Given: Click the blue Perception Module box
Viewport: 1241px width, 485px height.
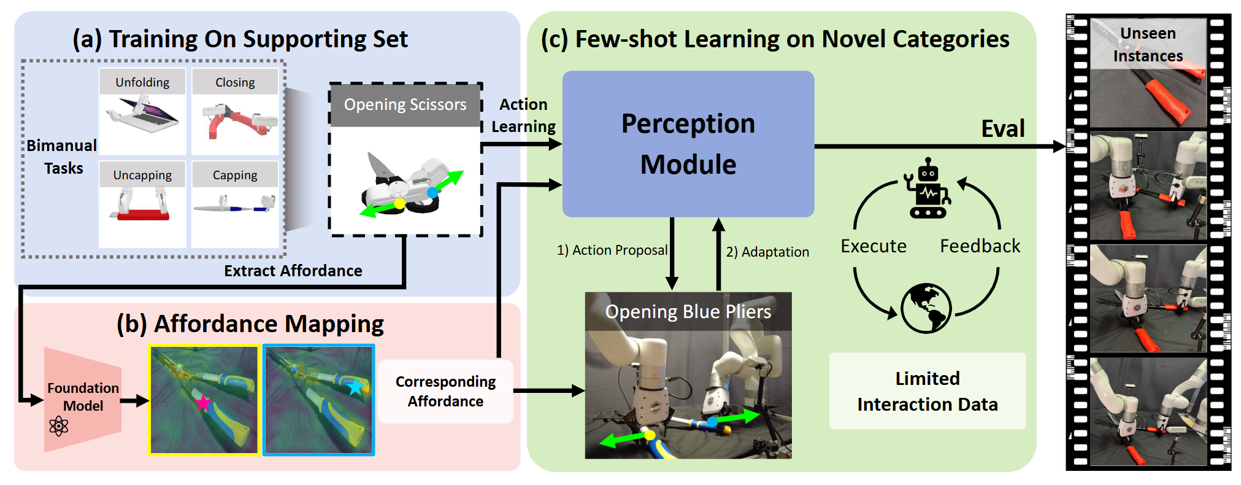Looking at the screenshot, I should [x=688, y=144].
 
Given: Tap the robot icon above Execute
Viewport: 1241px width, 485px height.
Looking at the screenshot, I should [x=928, y=188].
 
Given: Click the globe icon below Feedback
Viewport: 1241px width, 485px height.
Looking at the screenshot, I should [x=926, y=308].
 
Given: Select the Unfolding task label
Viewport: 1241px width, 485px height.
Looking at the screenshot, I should [x=142, y=82].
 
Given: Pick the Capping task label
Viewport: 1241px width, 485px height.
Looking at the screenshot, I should [x=235, y=175].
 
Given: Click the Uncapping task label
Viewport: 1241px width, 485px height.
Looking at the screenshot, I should [x=142, y=175].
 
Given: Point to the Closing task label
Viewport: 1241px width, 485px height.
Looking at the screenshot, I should [x=235, y=82].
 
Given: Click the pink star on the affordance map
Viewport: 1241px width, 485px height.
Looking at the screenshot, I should [x=203, y=403].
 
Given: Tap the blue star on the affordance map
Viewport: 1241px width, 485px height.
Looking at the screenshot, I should [x=356, y=387].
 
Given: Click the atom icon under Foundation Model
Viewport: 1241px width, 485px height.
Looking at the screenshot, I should [x=59, y=425].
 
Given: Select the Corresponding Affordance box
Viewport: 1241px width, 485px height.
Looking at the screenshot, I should [x=445, y=391].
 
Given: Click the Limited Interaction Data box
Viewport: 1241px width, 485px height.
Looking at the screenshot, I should [x=927, y=391].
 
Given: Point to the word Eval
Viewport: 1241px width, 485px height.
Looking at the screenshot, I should [x=1003, y=129].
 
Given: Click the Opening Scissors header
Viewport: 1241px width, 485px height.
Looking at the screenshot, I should [x=405, y=105].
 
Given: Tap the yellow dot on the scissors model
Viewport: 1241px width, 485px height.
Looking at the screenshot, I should [x=399, y=203].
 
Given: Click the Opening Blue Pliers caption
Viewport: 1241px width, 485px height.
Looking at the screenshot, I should [x=688, y=312].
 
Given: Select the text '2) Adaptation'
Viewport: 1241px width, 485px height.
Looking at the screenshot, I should [x=767, y=252].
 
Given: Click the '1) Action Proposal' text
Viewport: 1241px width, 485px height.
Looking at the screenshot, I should [x=612, y=250].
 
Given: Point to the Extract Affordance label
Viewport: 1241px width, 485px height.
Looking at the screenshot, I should [x=293, y=271].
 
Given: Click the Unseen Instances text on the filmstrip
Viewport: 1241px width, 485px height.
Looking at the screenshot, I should [x=1148, y=45].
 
